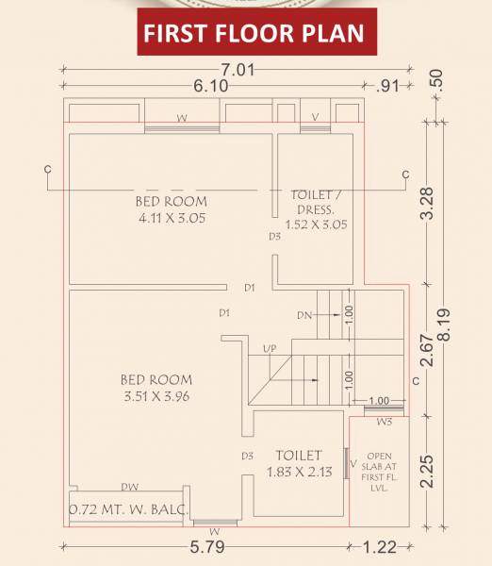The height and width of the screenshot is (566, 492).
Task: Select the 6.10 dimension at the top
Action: (x=210, y=85)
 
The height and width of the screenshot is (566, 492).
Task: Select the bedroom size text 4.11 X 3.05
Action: (x=171, y=218)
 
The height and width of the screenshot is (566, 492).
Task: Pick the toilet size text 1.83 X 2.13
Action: (x=299, y=473)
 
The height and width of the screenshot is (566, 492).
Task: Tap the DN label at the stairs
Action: (x=303, y=315)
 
